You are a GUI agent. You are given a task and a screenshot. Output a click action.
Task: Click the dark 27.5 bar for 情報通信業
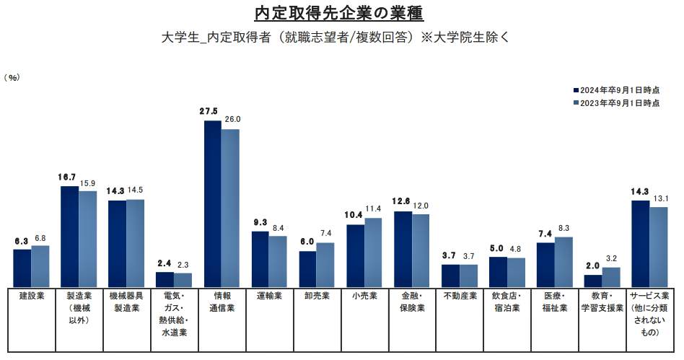(212, 203)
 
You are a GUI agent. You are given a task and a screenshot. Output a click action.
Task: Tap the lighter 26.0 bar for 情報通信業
(230, 208)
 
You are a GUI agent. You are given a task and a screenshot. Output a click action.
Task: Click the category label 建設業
(31, 295)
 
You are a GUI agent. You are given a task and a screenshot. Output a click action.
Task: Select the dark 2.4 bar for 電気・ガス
(165, 279)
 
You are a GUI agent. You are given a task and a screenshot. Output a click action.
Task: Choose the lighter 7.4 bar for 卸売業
(325, 264)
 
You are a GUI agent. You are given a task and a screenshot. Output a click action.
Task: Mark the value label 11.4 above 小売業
(373, 208)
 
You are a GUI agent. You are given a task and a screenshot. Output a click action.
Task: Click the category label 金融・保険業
(412, 302)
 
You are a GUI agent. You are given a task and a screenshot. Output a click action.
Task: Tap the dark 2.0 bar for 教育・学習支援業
(593, 281)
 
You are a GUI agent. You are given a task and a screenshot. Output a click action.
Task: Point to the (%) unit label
(14, 77)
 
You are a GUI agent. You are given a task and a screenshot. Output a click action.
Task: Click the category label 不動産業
(460, 295)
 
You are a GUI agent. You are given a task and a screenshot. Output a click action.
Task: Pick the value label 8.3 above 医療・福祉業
(564, 227)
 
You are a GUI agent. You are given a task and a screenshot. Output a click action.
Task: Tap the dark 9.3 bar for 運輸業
(260, 259)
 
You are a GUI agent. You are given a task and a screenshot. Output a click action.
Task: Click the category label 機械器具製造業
(126, 302)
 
